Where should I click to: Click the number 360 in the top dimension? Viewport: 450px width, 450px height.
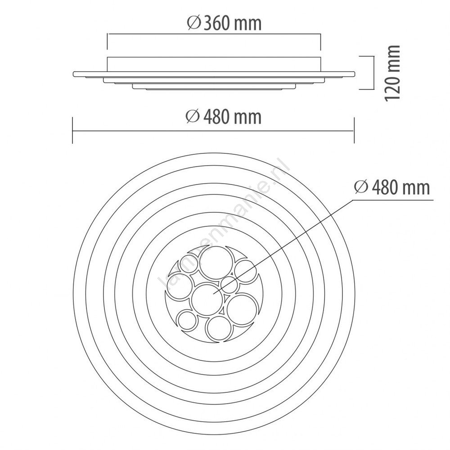(x=216, y=23)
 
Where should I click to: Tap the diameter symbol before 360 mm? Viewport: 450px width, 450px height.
(x=194, y=23)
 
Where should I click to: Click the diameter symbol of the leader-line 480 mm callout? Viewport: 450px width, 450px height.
(x=361, y=187)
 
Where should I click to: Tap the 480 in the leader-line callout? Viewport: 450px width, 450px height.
(x=384, y=188)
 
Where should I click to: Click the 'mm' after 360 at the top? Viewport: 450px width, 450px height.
(x=247, y=24)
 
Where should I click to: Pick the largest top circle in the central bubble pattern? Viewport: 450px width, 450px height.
(x=216, y=262)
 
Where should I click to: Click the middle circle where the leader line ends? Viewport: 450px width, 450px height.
(x=207, y=300)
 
